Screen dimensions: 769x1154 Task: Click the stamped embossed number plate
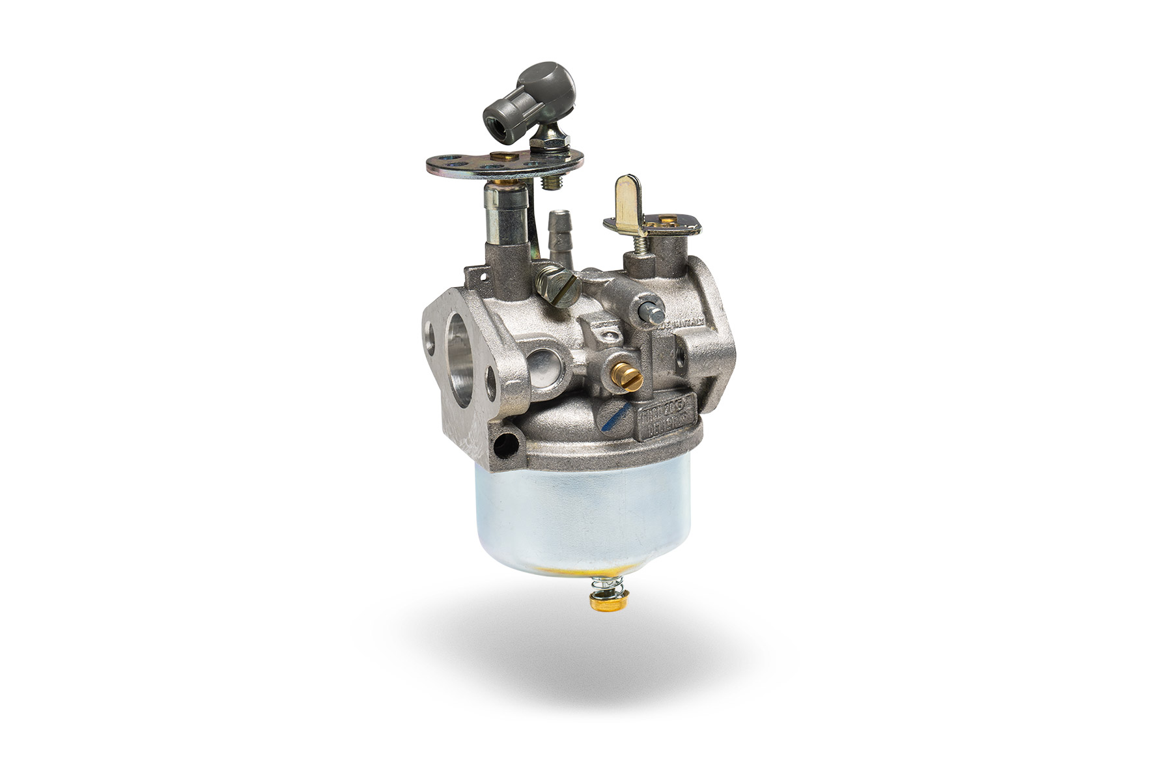666,420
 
